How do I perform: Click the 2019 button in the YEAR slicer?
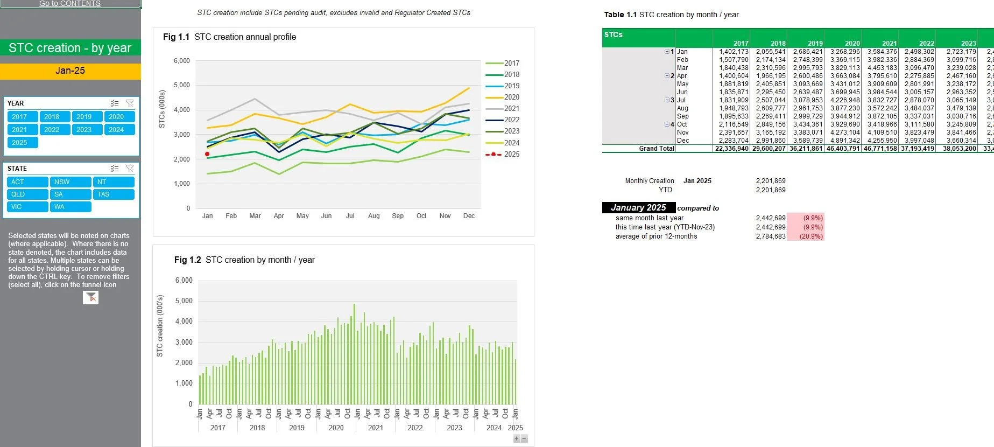click(87, 117)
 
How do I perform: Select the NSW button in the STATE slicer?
click(71, 182)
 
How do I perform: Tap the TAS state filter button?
click(113, 194)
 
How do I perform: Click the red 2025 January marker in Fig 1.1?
click(207, 154)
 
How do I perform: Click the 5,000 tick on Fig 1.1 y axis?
click(181, 85)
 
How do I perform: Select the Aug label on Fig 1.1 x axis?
click(373, 216)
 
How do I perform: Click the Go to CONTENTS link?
click(70, 4)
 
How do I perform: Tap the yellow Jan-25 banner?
click(70, 71)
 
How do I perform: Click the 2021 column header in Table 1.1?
click(889, 43)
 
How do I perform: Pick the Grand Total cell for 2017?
click(731, 149)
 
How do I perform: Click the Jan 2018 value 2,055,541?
click(770, 52)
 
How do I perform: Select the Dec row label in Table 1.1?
click(683, 141)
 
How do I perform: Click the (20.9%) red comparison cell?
click(806, 236)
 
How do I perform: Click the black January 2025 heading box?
click(638, 208)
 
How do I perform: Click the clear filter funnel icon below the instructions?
click(91, 297)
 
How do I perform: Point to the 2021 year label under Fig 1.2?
click(375, 428)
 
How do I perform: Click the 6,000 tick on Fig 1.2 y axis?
click(184, 281)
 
